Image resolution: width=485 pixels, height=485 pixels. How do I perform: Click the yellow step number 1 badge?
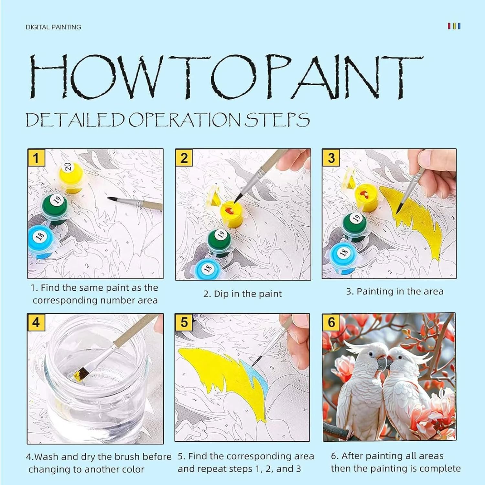pyautogui.click(x=36, y=157)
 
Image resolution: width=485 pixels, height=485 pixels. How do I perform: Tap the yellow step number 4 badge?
pyautogui.click(x=36, y=322)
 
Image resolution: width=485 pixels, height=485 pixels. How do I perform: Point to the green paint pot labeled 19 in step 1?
pyautogui.click(x=55, y=208)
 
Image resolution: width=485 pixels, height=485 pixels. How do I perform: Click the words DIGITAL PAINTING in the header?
pyautogui.click(x=53, y=27)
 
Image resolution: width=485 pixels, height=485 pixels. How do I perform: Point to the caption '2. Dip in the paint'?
pyautogui.click(x=242, y=294)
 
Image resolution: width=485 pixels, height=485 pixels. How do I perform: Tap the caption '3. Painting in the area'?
pyautogui.click(x=394, y=291)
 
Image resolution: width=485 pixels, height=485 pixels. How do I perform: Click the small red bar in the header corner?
pyautogui.click(x=449, y=26)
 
